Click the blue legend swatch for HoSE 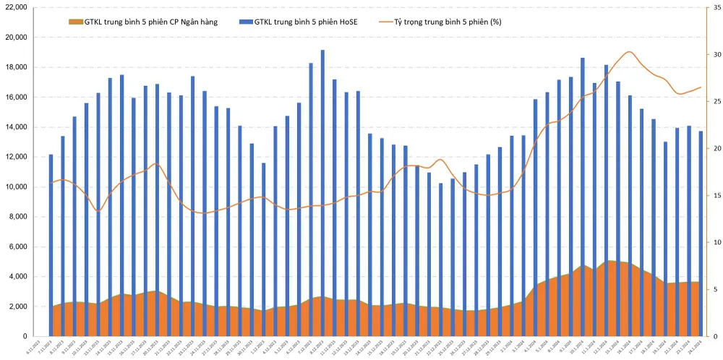249,22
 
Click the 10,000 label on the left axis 15,187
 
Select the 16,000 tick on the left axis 15,97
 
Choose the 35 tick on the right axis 715,7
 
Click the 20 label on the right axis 715,148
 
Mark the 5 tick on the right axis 714,289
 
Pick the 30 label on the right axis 715,54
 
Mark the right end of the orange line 701,87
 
